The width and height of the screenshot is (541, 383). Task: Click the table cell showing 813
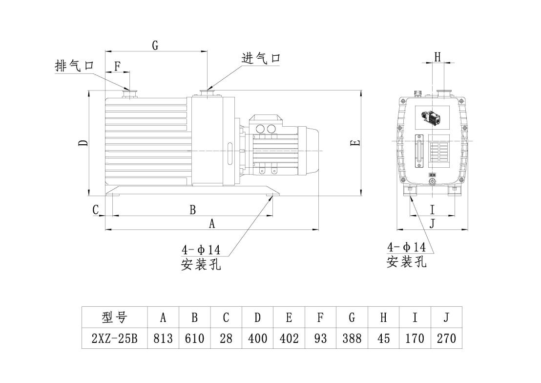click(164, 338)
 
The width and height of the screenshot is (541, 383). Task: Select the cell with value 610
click(195, 338)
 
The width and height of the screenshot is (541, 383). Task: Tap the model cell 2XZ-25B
click(115, 338)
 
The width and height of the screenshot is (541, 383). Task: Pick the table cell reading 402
click(289, 338)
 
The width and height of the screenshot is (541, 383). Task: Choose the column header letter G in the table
click(352, 317)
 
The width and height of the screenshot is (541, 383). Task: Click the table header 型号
click(115, 317)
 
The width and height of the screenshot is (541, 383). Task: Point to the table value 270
click(446, 338)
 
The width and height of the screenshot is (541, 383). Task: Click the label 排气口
click(74, 66)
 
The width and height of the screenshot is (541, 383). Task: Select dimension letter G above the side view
click(155, 45)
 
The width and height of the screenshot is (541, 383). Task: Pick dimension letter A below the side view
click(212, 224)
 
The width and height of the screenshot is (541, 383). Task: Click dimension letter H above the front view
click(437, 57)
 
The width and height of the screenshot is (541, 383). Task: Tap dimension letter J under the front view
click(432, 224)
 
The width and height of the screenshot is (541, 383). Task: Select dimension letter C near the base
click(96, 209)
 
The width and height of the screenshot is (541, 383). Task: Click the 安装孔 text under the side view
click(201, 265)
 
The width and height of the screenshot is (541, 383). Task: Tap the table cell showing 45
click(384, 338)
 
